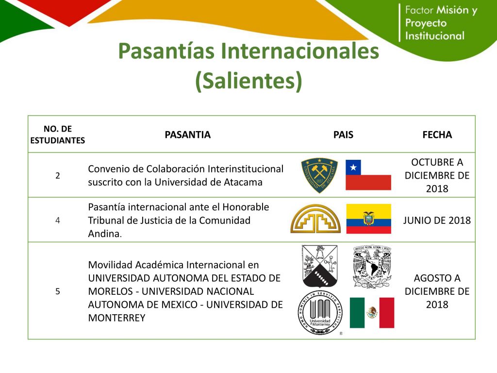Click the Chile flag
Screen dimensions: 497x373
point(368,175)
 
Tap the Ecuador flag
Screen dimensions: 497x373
point(369,219)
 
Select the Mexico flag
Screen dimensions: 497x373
point(372,313)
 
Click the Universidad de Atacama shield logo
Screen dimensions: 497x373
point(319,175)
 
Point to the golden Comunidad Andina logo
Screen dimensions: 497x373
point(315,219)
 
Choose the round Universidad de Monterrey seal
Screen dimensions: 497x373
point(320,313)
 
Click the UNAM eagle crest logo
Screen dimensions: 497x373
point(372,267)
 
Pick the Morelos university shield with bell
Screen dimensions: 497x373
point(320,266)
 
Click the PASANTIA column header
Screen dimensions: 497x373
point(188,135)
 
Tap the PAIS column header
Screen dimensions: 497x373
point(343,135)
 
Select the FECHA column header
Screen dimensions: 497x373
point(437,135)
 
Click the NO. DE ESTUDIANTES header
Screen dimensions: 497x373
point(58,135)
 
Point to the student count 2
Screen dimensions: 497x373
point(58,175)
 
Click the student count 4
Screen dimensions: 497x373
point(58,220)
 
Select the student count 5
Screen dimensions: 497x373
point(58,291)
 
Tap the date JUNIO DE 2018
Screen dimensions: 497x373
point(437,220)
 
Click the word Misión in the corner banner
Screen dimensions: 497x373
point(453,10)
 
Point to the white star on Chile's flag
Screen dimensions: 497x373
point(353,167)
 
